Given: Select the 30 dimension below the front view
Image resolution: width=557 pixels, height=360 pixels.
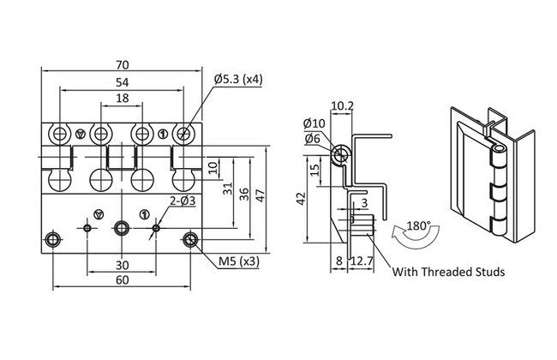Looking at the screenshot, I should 122,265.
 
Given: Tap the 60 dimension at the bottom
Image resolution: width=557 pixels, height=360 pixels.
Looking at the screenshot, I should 122,279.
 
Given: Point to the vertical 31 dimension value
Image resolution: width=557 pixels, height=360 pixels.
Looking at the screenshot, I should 228,189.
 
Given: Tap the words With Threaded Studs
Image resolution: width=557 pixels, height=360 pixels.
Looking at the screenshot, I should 447,273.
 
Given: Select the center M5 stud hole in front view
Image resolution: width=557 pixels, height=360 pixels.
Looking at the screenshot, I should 122,227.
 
